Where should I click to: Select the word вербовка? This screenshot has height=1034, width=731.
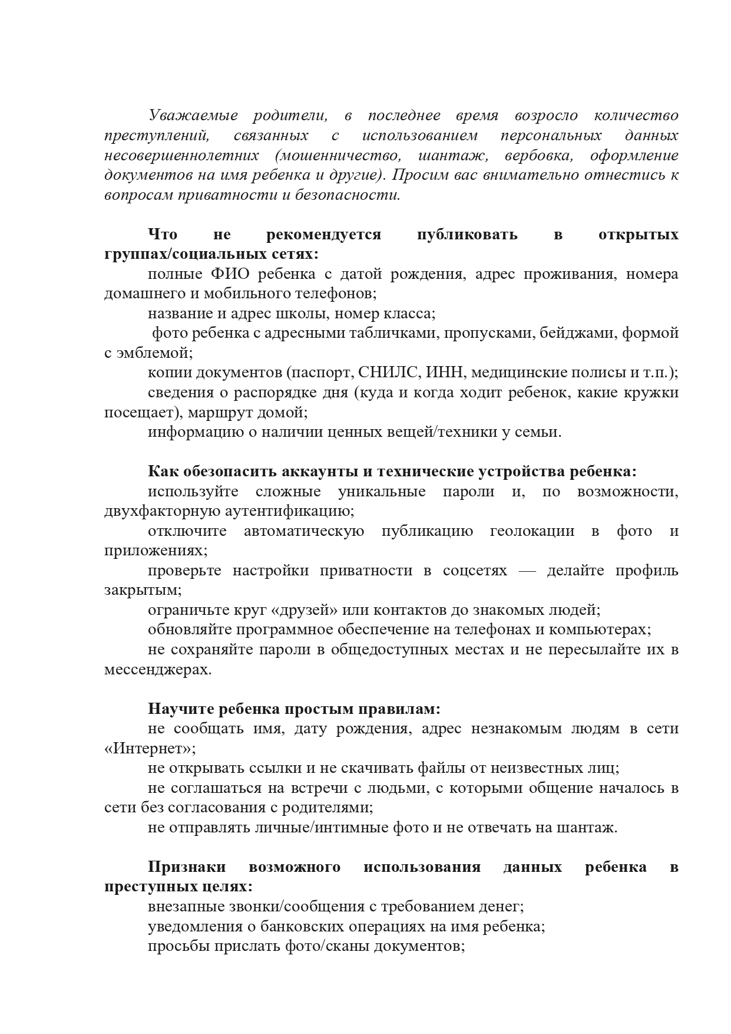tap(532, 156)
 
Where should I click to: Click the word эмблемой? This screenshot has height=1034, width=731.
tap(154, 353)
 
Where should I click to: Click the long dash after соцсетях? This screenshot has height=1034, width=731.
tap(526, 571)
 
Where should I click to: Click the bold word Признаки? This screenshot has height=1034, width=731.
tap(187, 867)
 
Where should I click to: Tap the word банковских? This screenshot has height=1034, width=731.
tap(311, 927)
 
